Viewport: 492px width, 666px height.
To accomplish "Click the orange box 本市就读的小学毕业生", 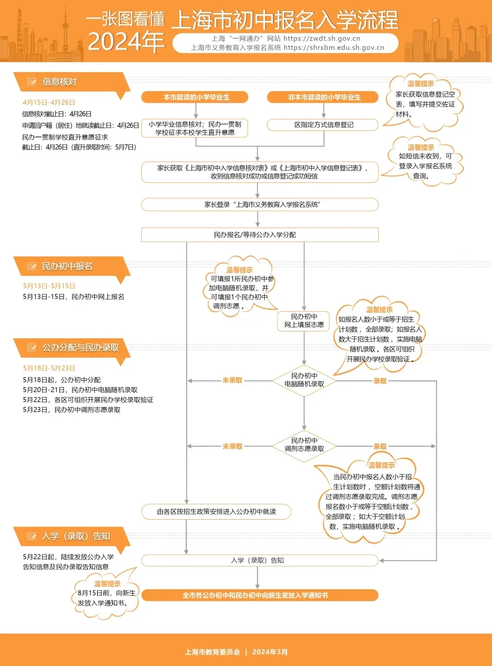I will tap(196, 97).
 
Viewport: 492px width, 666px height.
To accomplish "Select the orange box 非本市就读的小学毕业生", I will tap(323, 97).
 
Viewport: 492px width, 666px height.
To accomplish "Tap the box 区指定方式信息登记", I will tap(323, 125).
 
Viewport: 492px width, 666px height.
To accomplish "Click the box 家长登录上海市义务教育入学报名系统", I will tap(260, 205).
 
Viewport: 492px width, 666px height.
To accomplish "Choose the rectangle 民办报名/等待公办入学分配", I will tap(260, 235).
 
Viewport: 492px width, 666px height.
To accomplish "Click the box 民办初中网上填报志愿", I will tap(304, 320).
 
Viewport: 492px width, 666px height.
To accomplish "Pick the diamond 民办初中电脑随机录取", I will tap(304, 380).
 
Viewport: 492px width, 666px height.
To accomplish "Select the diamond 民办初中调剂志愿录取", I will tap(304, 445).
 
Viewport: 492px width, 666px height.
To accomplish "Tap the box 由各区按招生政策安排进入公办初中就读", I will tap(216, 512).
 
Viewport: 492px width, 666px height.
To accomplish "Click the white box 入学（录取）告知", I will tap(260, 560).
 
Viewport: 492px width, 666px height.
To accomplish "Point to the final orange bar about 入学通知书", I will tap(260, 595).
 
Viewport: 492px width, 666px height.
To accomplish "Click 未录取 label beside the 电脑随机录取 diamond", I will tap(232, 381).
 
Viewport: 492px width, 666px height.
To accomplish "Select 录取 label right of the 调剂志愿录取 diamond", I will tap(380, 446).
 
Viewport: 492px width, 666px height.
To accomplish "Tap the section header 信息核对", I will tap(59, 82).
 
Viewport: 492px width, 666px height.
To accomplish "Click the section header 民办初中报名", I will tap(67, 267).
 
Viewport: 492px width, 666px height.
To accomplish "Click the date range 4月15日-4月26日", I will tap(49, 103).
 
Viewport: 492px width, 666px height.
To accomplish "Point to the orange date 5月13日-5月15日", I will tap(49, 286).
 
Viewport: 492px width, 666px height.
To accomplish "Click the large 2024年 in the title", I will tap(126, 42).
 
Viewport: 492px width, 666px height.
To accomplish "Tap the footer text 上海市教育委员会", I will tap(212, 652).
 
